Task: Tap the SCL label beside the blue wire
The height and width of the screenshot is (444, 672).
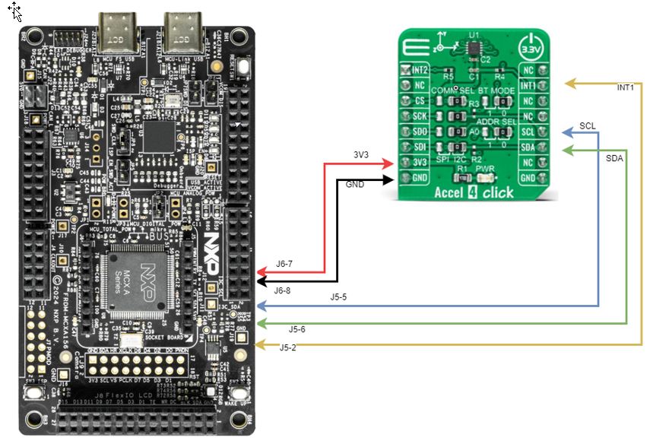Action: (588, 125)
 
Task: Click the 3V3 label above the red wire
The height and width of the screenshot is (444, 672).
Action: (363, 154)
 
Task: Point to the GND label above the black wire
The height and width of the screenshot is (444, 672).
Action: (355, 185)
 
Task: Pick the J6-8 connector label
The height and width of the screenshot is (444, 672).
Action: (283, 290)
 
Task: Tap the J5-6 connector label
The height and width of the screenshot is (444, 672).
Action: (297, 329)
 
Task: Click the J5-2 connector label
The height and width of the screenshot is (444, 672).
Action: (288, 347)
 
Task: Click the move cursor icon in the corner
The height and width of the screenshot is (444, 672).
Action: (14, 11)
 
